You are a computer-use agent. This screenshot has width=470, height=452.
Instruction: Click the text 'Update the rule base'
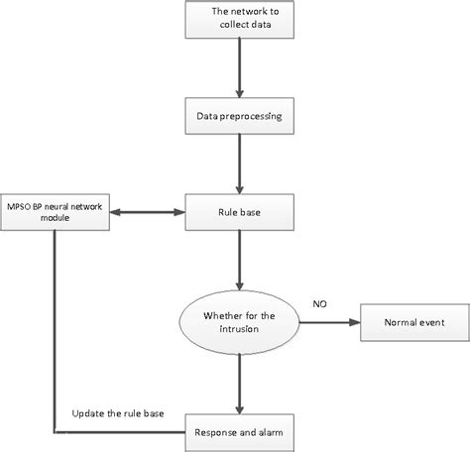point(117,412)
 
